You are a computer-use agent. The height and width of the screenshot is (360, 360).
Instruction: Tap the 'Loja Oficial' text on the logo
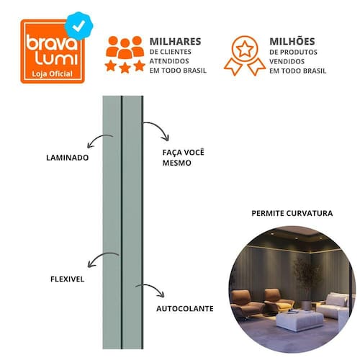(53, 73)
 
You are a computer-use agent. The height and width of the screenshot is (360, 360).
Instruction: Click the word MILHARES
(175, 42)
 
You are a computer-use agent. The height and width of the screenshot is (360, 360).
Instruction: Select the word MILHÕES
(292, 41)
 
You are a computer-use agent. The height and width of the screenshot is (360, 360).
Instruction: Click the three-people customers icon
(125, 48)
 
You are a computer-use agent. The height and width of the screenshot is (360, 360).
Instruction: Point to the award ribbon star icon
(245, 55)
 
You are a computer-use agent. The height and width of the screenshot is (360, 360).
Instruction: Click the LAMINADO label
(68, 158)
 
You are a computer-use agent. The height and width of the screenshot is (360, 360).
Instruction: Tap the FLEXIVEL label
(68, 279)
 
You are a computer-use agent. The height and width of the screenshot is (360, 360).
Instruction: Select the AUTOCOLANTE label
(185, 308)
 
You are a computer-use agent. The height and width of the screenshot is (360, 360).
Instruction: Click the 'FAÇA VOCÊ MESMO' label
(184, 158)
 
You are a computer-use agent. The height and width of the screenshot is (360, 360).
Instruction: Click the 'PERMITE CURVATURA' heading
(292, 213)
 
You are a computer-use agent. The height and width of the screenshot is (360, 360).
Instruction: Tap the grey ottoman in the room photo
(300, 321)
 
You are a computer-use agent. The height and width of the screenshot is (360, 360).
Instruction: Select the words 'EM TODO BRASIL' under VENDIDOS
(297, 71)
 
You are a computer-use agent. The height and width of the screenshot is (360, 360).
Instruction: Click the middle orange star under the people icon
(125, 67)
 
